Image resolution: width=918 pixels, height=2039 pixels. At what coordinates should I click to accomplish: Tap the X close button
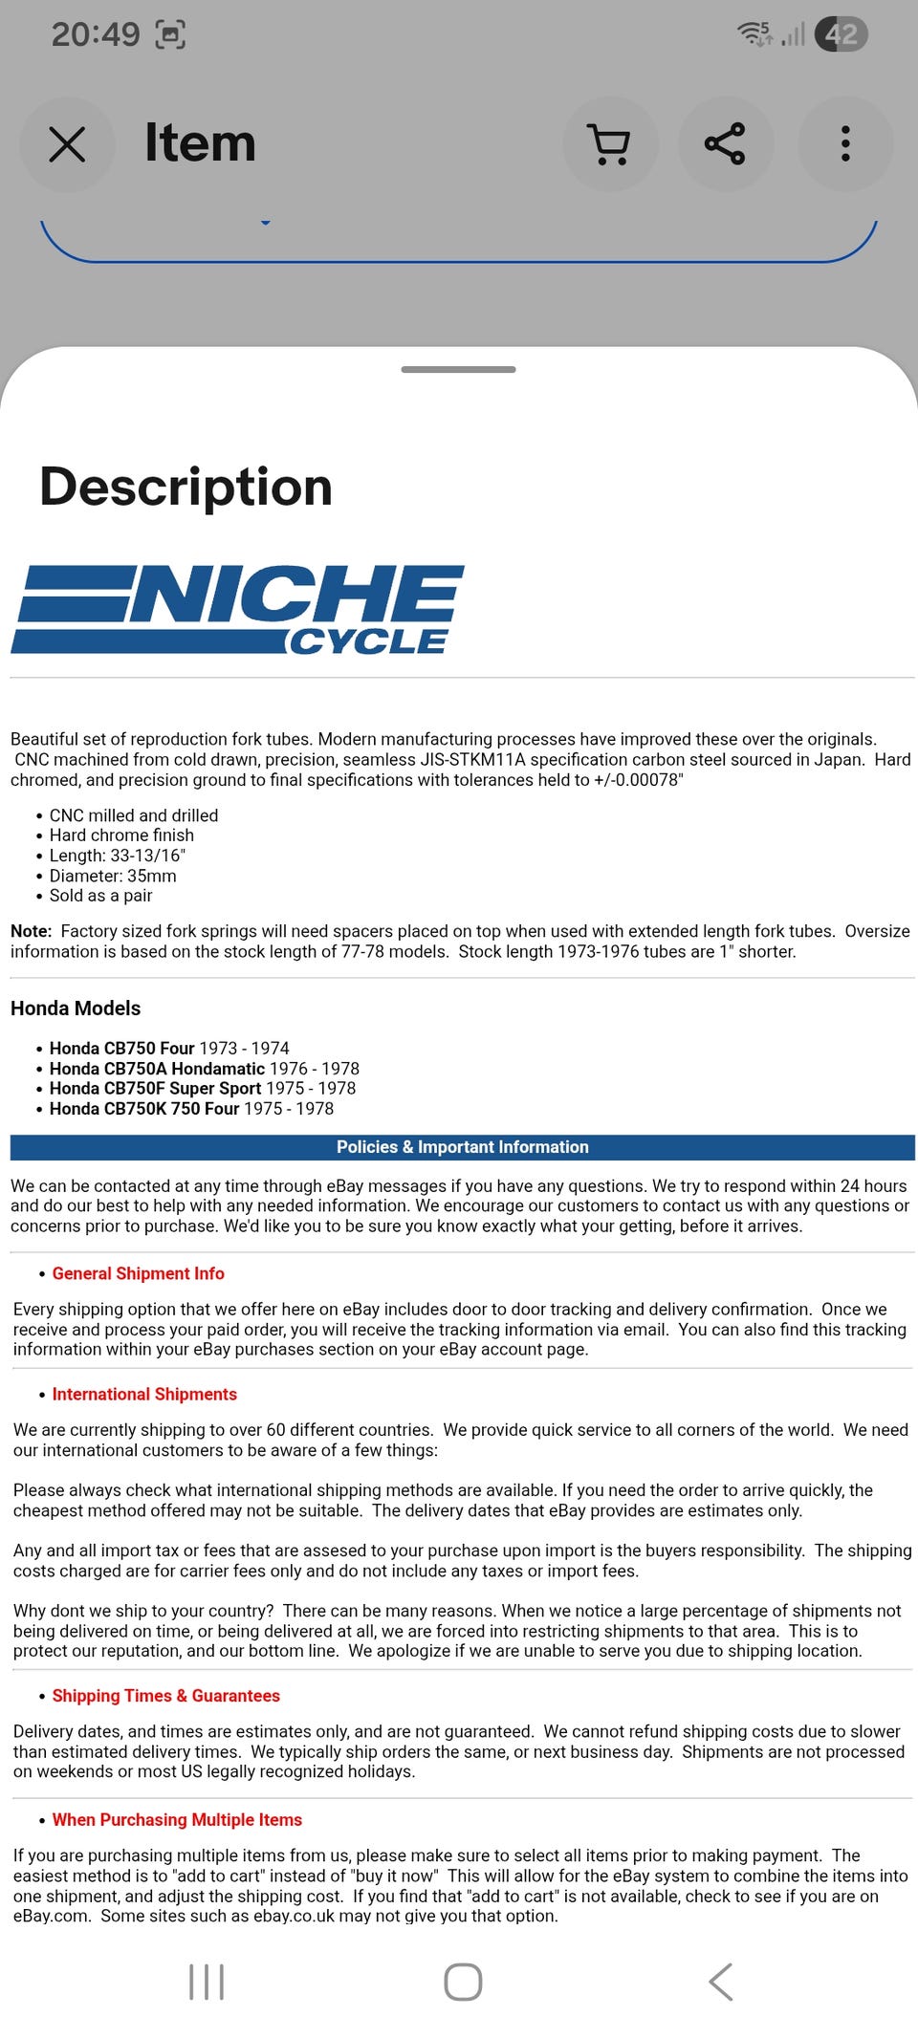click(x=67, y=144)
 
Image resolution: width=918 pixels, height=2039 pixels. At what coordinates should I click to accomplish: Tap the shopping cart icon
click(x=609, y=144)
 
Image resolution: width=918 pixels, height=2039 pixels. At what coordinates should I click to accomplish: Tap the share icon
click(x=725, y=144)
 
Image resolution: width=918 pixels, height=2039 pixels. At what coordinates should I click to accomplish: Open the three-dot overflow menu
click(x=844, y=144)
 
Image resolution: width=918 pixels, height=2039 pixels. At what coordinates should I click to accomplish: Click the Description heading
click(x=186, y=487)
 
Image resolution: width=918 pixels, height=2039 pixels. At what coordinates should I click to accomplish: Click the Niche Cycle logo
click(x=237, y=609)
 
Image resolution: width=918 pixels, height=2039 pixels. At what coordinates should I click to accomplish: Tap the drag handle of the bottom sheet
click(x=458, y=369)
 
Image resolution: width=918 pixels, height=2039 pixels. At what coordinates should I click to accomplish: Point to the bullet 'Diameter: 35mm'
click(x=113, y=876)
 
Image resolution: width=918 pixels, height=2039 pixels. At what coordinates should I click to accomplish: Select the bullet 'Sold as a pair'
click(x=100, y=896)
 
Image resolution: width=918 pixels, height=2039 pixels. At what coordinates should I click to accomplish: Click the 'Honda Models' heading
click(x=76, y=1009)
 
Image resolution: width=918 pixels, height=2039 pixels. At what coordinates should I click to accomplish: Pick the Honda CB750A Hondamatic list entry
click(x=204, y=1069)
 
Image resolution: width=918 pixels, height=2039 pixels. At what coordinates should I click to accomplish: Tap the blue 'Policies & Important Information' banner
click(x=462, y=1147)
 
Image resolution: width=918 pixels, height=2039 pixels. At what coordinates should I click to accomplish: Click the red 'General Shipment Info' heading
click(x=138, y=1273)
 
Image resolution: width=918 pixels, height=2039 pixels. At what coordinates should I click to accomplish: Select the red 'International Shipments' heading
click(x=144, y=1395)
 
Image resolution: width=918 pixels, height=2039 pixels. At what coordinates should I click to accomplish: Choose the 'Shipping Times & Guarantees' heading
click(x=165, y=1696)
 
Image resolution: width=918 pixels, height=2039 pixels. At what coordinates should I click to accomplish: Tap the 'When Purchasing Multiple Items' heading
click(x=177, y=1820)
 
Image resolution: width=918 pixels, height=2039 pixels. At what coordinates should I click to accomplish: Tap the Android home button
click(x=463, y=1982)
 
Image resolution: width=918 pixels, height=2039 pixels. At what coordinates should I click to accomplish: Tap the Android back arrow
click(x=721, y=1982)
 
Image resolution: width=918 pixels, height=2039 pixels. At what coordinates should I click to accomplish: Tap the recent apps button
click(x=207, y=1982)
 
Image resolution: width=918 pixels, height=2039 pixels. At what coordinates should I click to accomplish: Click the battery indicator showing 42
click(x=841, y=34)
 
